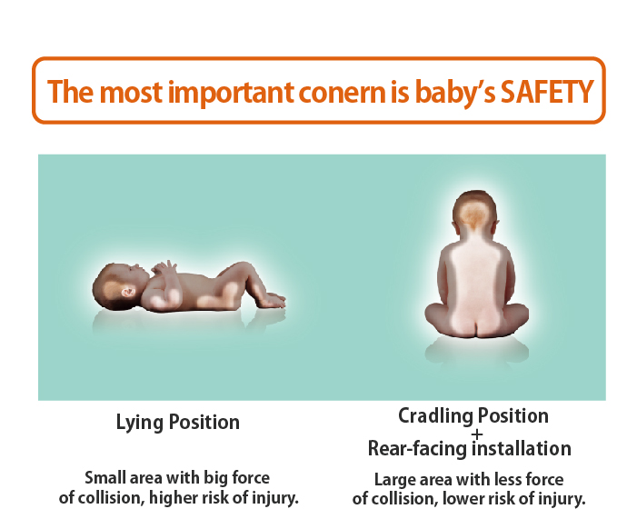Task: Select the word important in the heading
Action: (231, 94)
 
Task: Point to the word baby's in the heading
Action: (455, 94)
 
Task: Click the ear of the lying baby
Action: (128, 292)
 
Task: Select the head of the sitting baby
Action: (475, 212)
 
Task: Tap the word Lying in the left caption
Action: (140, 423)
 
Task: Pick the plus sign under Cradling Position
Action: (477, 434)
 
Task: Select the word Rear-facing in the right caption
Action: (418, 449)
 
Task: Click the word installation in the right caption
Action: (522, 448)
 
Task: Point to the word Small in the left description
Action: (105, 477)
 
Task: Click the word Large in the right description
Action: (394, 480)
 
